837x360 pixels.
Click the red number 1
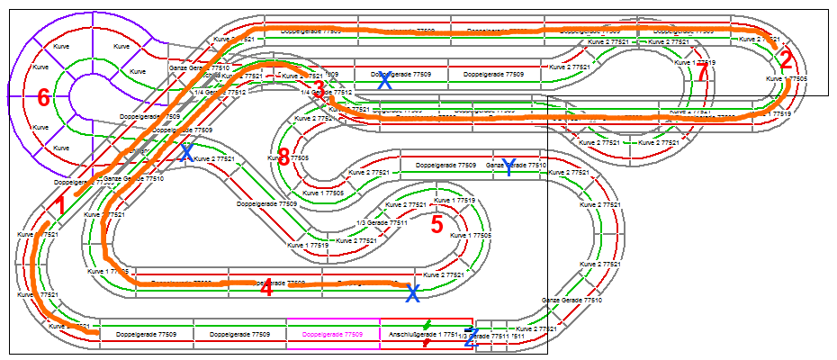point(59,206)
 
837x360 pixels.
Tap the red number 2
point(786,60)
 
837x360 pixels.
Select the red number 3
point(319,88)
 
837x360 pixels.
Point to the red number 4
point(266,288)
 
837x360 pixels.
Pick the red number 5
point(436,225)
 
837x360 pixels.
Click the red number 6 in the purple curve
point(42,98)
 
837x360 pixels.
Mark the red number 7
point(702,75)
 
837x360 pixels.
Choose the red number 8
point(283,157)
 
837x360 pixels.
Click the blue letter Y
point(508,166)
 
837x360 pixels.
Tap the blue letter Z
point(470,337)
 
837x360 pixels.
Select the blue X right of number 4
point(412,293)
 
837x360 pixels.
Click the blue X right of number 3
point(384,81)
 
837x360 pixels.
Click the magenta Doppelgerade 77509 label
point(333,334)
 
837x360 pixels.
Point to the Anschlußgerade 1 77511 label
point(418,334)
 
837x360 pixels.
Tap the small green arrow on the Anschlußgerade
point(427,323)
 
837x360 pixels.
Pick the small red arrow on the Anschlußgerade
point(426,343)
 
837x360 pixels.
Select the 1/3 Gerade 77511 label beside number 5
point(382,222)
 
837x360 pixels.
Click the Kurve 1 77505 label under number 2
point(787,79)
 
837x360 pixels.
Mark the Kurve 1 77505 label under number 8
point(323,193)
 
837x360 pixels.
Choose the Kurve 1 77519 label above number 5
point(454,200)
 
